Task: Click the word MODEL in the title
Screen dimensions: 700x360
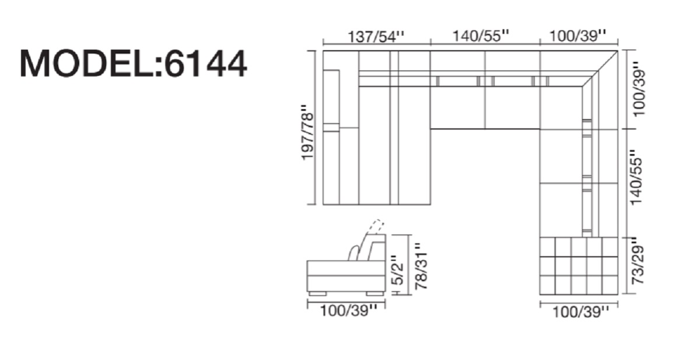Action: click(x=87, y=64)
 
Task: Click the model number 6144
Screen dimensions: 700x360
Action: click(x=205, y=64)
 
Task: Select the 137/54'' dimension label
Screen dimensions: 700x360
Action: click(x=376, y=37)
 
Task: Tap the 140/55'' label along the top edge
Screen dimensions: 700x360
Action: click(x=481, y=36)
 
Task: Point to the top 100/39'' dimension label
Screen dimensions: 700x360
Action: click(x=578, y=36)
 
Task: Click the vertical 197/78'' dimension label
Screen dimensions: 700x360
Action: click(x=307, y=132)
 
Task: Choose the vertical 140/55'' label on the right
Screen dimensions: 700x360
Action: click(x=636, y=177)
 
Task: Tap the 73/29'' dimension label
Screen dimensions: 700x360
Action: click(x=638, y=261)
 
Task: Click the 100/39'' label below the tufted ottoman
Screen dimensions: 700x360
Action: click(x=581, y=312)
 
